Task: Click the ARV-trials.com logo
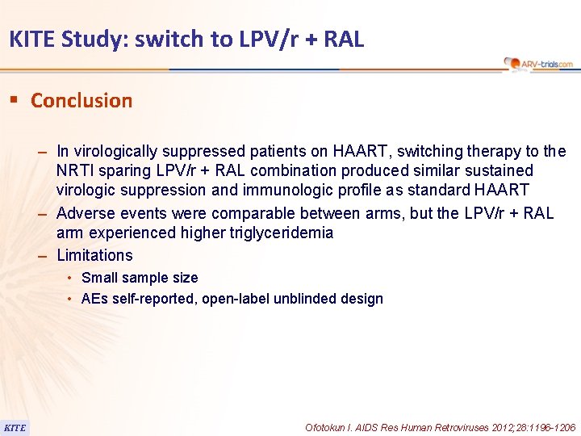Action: pos(537,63)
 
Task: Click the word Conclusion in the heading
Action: pos(82,101)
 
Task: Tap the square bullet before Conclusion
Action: pos(14,100)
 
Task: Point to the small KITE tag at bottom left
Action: pos(15,427)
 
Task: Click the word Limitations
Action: pos(94,255)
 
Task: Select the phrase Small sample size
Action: pos(140,278)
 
